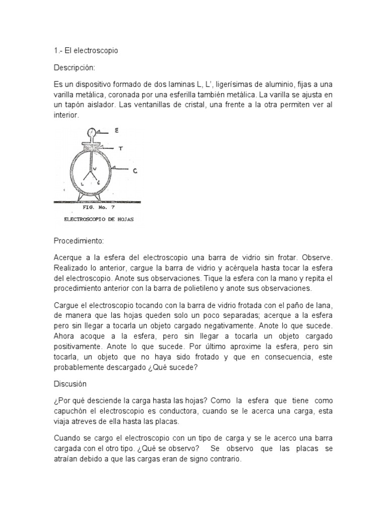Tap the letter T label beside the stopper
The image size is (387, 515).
click(x=120, y=148)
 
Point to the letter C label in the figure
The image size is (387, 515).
click(x=136, y=171)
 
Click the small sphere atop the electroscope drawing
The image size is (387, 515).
click(x=92, y=133)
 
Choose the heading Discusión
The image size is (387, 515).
click(x=70, y=384)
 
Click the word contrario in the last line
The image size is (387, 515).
click(x=227, y=459)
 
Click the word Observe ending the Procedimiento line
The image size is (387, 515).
click(x=317, y=257)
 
